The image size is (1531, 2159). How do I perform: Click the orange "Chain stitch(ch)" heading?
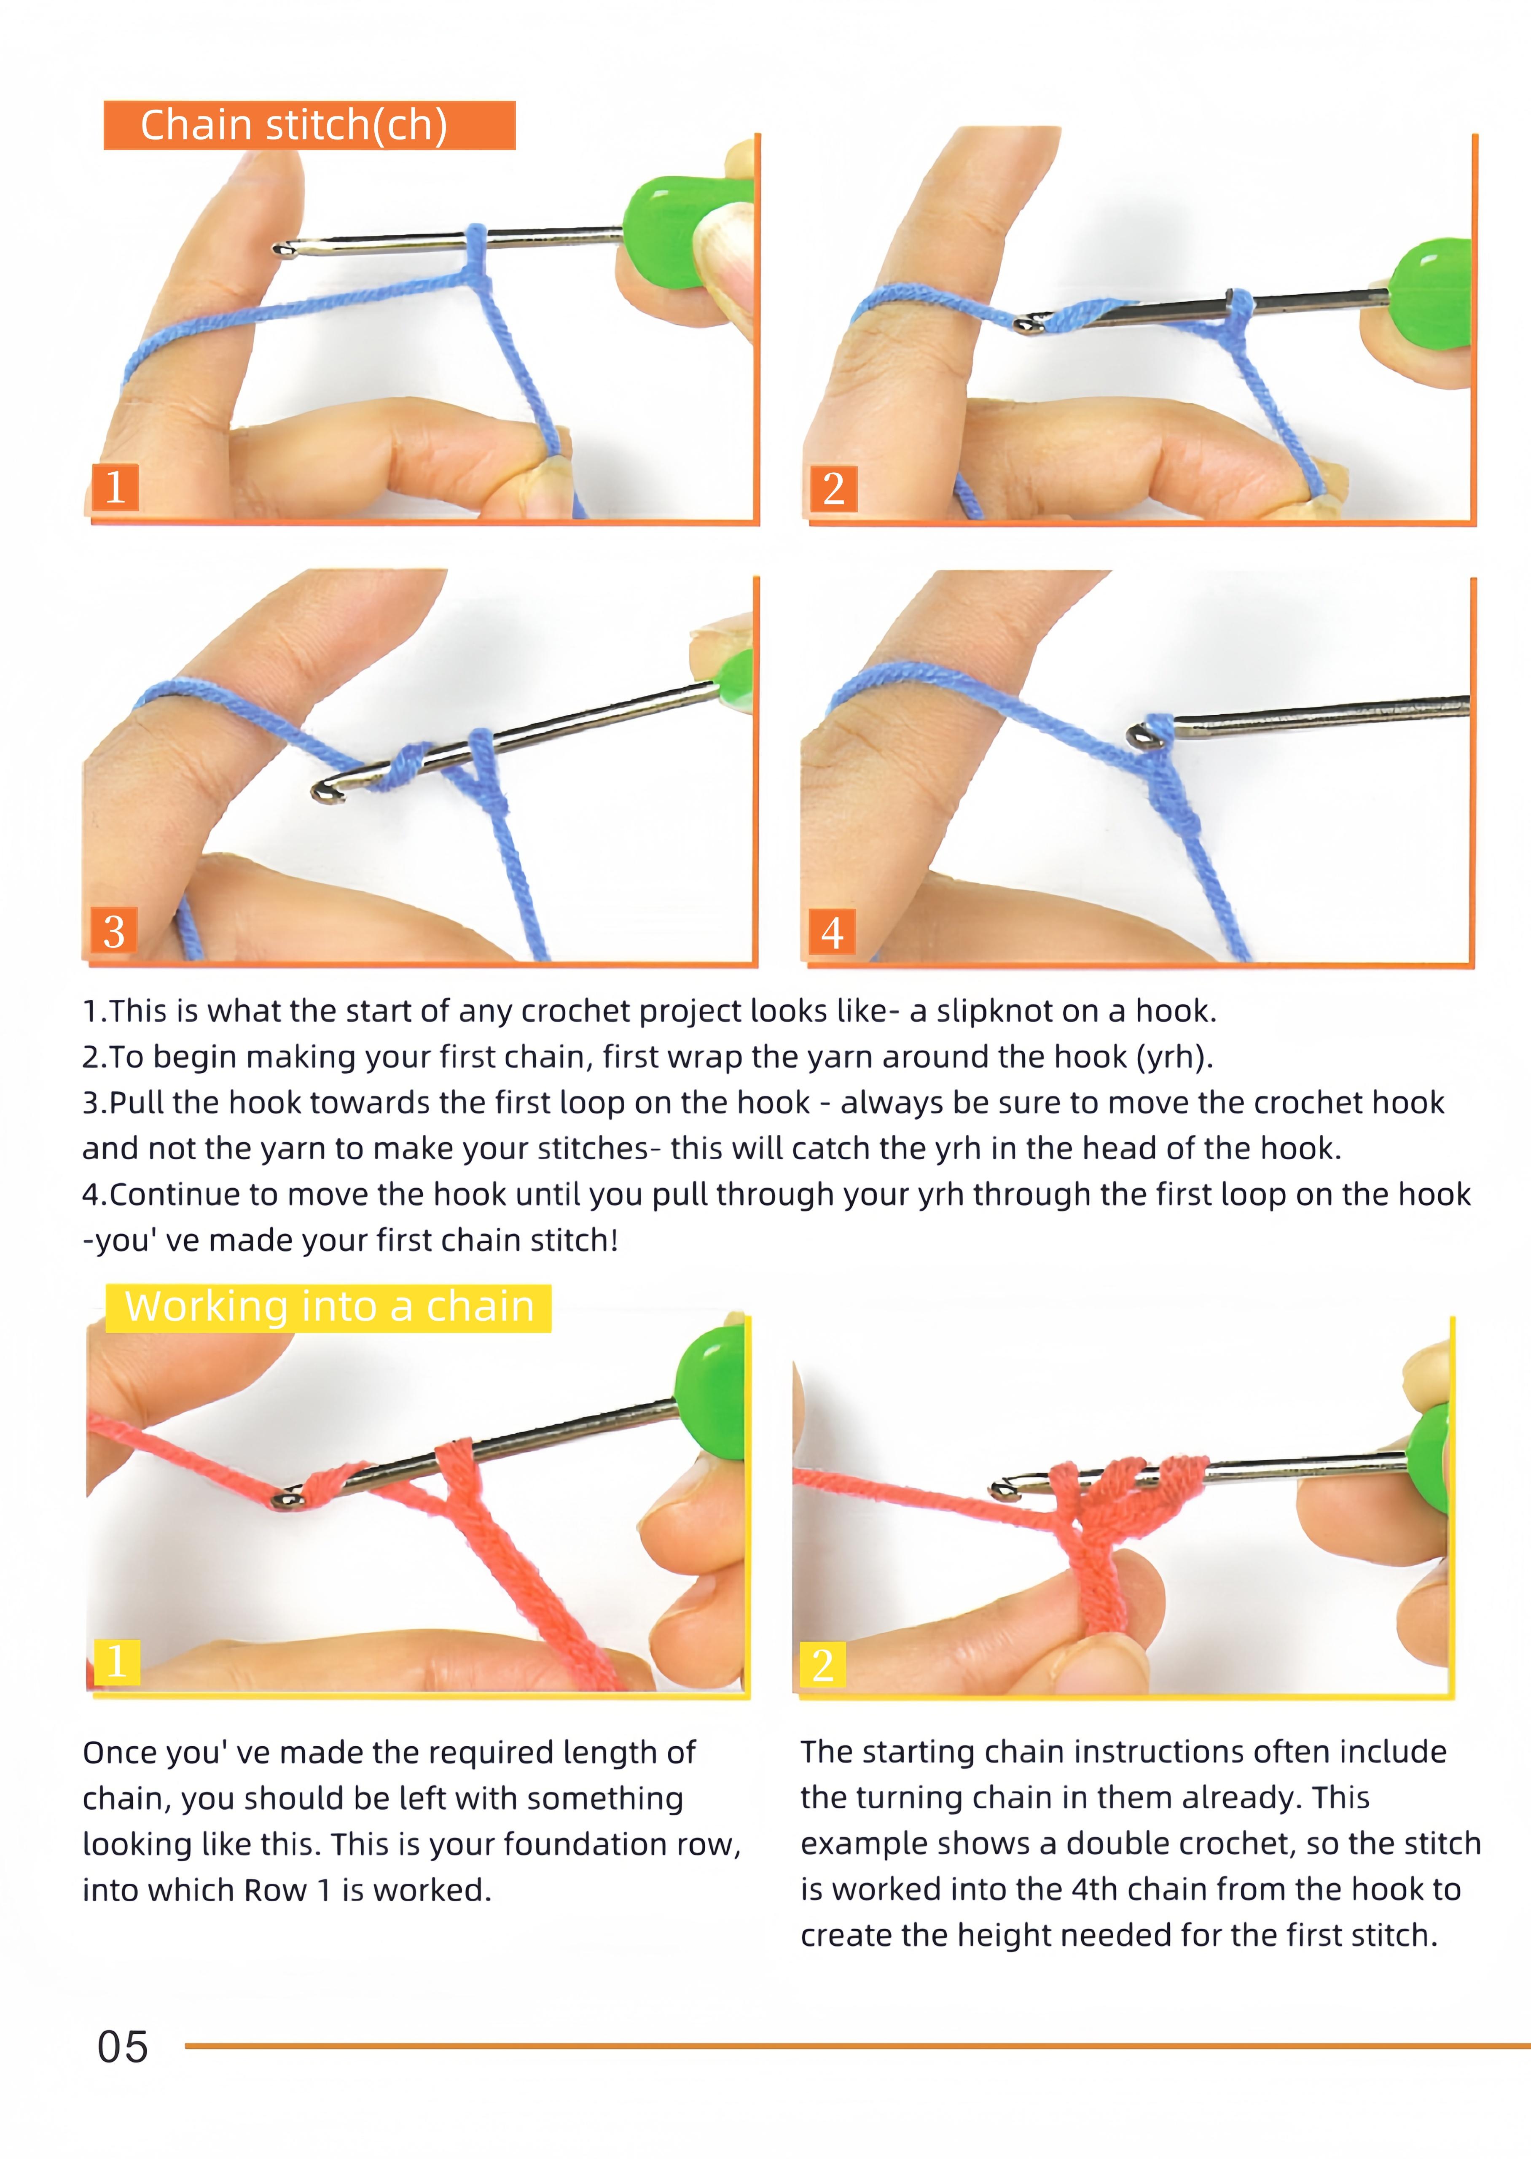pyautogui.click(x=309, y=125)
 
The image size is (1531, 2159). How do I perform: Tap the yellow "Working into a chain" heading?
pyautogui.click(x=328, y=1308)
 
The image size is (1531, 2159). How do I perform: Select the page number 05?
pyautogui.click(x=123, y=2047)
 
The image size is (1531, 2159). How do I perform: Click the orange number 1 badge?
pyautogui.click(x=115, y=487)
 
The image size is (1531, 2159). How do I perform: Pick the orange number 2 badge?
pyautogui.click(x=833, y=488)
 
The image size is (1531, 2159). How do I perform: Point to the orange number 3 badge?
pyautogui.click(x=113, y=931)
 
